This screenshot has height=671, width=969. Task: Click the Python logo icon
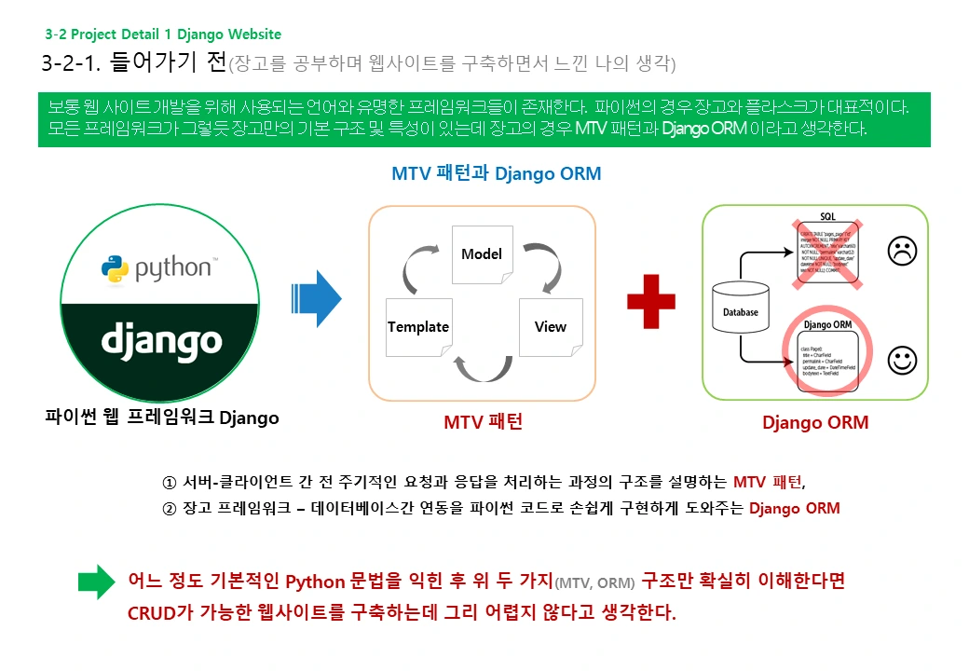point(115,268)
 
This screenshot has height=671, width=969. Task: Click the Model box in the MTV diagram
point(482,254)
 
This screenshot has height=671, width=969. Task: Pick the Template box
point(418,326)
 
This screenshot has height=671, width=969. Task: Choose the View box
point(550,326)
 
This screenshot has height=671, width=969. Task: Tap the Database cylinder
point(741,312)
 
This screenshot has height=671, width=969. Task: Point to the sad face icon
point(902,250)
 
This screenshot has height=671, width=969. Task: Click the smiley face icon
point(902,361)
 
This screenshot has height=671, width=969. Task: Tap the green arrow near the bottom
point(96,582)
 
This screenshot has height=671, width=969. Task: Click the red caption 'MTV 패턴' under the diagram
point(483,422)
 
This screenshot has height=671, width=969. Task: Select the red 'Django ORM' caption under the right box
point(815,422)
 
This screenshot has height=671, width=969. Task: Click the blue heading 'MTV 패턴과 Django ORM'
point(496,173)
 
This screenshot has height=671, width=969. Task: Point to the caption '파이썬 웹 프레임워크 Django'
point(162,418)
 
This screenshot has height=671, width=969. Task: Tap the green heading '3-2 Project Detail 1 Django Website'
point(163,34)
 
